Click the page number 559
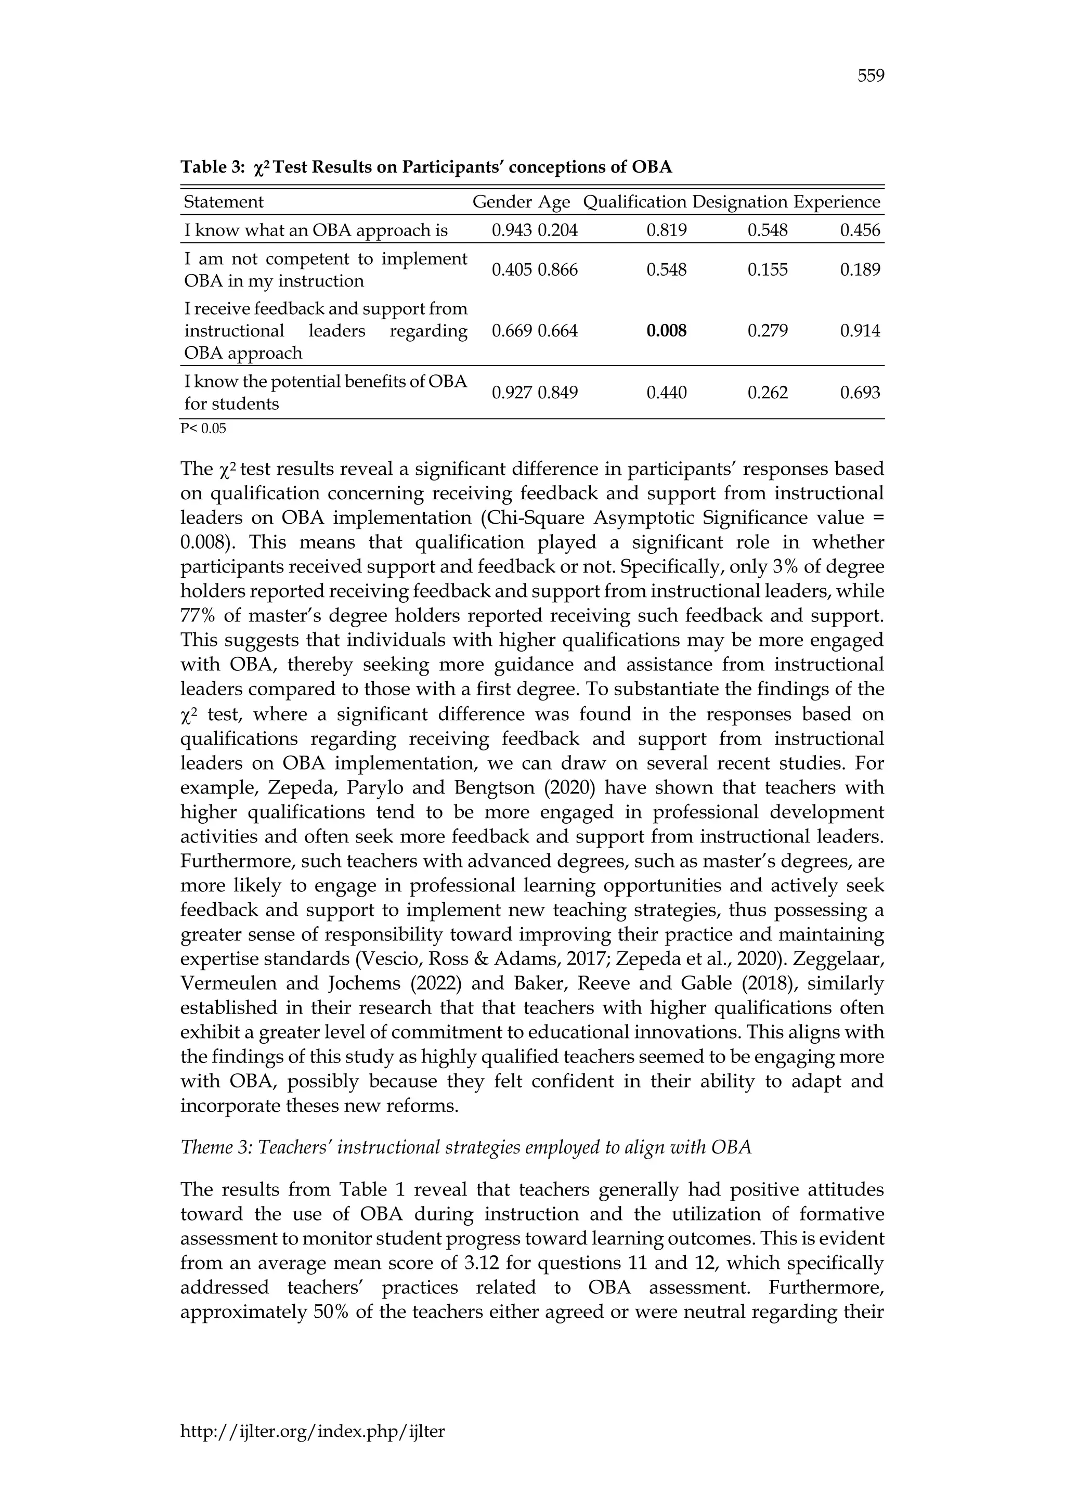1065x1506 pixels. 871,76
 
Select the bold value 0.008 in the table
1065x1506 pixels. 666,331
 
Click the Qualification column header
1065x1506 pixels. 634,202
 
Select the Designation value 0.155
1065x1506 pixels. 767,269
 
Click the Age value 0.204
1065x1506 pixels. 557,230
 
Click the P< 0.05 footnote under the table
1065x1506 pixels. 203,429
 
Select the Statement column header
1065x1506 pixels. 224,202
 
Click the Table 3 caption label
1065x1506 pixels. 213,167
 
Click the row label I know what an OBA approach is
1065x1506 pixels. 316,230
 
